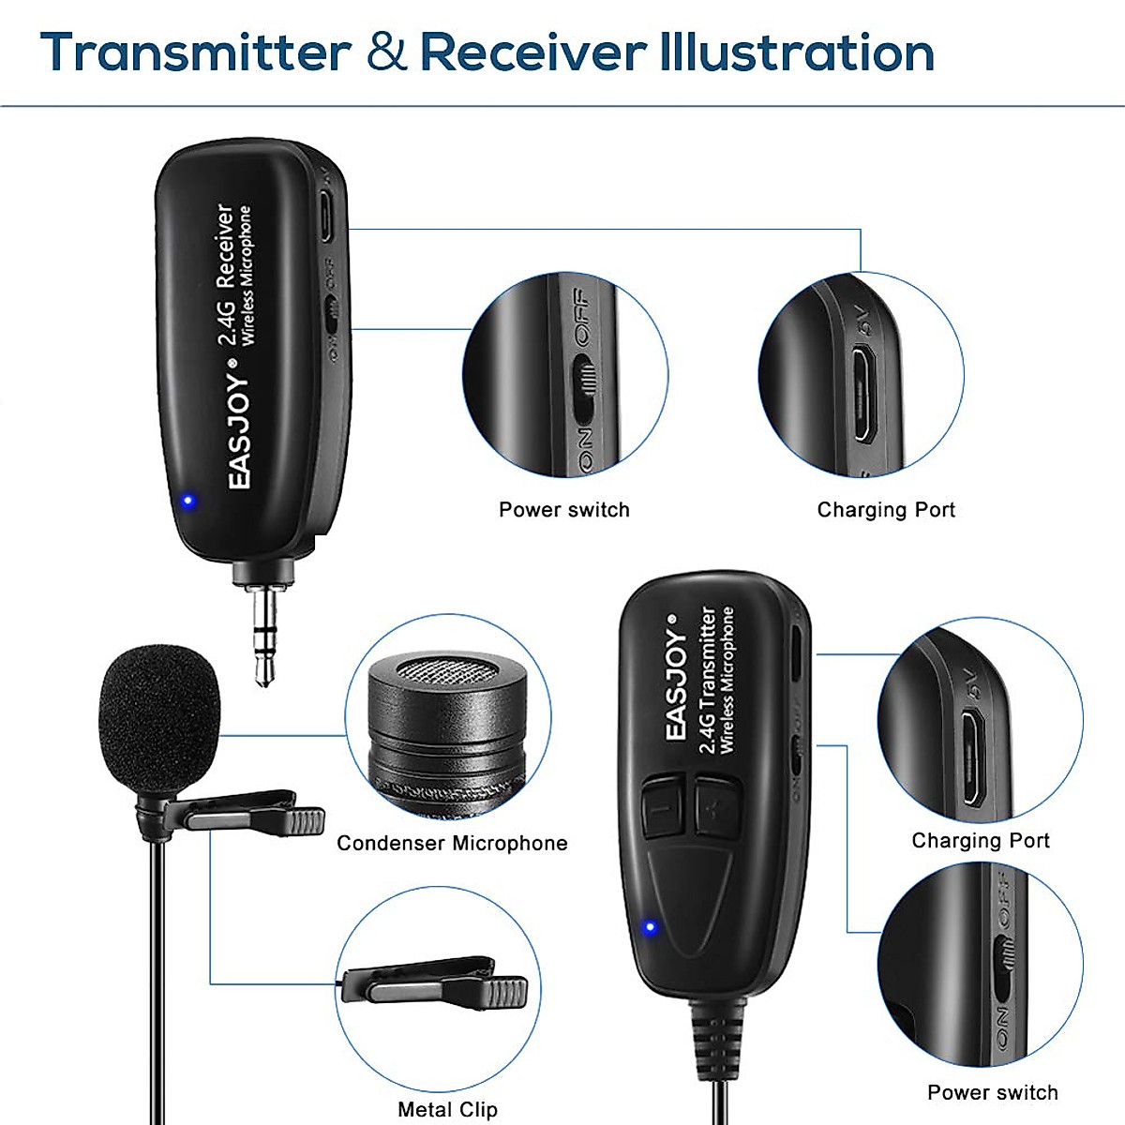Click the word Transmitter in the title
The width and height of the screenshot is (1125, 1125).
[x=196, y=52]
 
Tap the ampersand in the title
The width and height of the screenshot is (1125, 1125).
[x=386, y=53]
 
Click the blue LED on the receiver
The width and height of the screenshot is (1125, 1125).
[x=187, y=500]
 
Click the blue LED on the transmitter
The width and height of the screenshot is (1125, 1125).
[x=647, y=928]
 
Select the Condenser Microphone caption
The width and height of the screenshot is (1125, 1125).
[x=452, y=843]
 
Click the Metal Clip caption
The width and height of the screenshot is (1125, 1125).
[x=447, y=1109]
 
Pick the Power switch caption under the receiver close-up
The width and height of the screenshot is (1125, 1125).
[x=563, y=510]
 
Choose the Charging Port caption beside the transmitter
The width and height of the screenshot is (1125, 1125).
[x=981, y=840]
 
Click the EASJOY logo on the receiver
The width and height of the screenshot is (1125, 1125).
[x=240, y=431]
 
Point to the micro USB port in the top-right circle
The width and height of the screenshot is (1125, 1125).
[x=863, y=394]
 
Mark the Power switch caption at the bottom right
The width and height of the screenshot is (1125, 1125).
[x=992, y=1092]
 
